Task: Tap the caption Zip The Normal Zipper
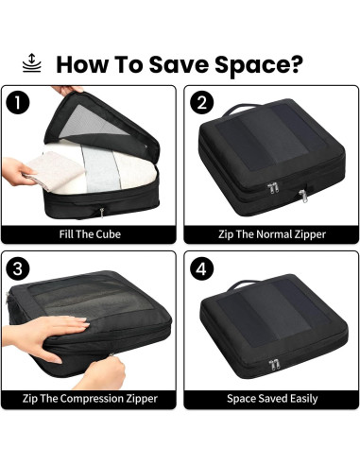tap(271, 233)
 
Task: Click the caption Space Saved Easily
tap(271, 398)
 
